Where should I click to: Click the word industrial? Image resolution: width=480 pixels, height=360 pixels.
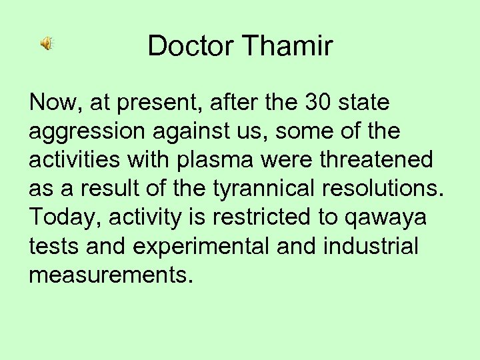pos(370,247)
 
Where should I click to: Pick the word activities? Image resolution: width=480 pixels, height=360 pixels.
pos(73,161)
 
